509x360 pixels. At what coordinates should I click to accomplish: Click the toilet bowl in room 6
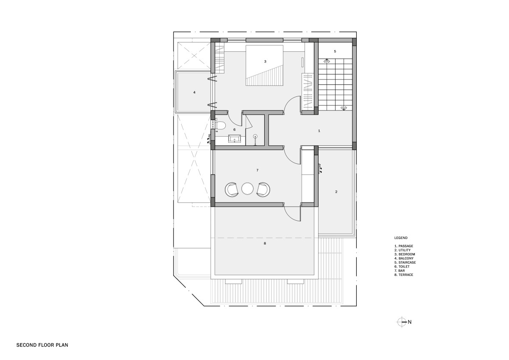coord(220,125)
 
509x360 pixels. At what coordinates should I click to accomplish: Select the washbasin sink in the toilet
coord(235,138)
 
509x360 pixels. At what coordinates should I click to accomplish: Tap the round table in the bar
coord(247,189)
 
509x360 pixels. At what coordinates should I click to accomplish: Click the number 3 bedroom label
coord(265,62)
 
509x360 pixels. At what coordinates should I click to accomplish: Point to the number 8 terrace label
coord(265,243)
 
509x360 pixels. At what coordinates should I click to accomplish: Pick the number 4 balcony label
coord(194,92)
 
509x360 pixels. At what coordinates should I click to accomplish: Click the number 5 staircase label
coord(335,51)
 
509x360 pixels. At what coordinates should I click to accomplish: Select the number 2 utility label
coord(336,192)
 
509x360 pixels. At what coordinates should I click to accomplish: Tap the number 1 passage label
coord(319,131)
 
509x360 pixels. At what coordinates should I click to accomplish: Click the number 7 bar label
coord(257,170)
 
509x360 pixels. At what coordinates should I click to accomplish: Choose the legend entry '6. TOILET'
coord(402,267)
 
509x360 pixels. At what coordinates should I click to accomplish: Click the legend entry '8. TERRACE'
coord(404,275)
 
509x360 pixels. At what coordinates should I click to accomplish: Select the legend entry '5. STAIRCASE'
coord(405,262)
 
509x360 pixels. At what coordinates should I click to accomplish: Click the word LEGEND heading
coord(401,238)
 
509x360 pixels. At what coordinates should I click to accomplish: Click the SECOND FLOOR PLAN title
coord(42,345)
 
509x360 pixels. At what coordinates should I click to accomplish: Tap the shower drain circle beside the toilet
coord(256,136)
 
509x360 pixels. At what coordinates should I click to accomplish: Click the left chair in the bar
coord(232,189)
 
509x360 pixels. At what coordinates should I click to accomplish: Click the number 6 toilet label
coord(235,129)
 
